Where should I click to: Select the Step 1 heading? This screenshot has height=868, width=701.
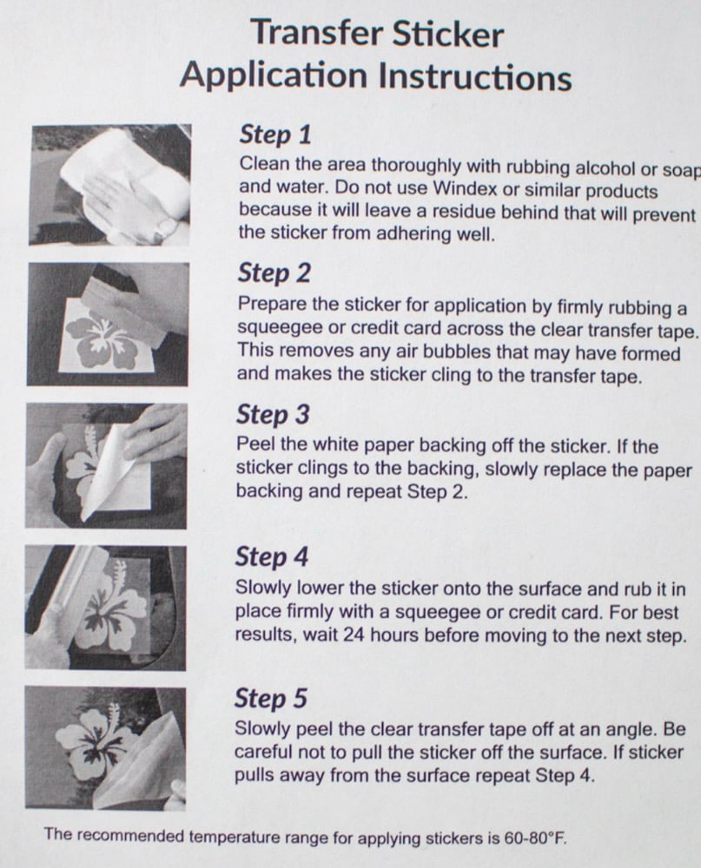click(x=274, y=135)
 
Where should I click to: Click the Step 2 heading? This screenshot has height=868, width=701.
click(x=274, y=273)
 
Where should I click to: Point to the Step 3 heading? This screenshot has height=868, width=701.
click(x=273, y=414)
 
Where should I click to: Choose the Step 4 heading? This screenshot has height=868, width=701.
click(x=272, y=556)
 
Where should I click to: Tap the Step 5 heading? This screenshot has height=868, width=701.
click(x=270, y=698)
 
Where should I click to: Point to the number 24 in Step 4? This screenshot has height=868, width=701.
click(x=353, y=635)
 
